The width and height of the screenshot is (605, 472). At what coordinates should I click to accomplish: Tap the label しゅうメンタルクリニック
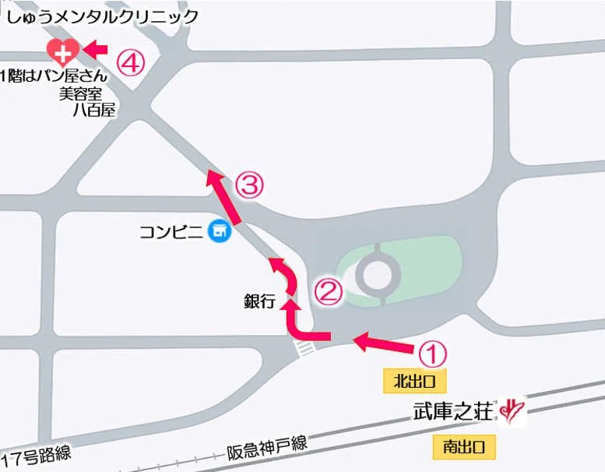click(103, 16)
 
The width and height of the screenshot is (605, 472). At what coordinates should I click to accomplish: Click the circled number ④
click(131, 62)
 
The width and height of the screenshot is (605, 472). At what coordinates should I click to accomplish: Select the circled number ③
click(250, 185)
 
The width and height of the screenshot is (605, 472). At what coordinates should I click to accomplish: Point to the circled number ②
click(328, 291)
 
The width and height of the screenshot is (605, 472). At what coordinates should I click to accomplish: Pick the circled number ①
click(433, 353)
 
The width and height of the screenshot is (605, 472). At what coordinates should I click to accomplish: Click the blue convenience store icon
click(221, 231)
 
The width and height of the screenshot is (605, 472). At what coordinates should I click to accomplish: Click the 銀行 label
click(260, 302)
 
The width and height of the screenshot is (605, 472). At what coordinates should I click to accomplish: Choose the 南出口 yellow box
click(464, 447)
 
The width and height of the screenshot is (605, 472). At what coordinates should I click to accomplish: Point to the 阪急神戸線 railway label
click(267, 447)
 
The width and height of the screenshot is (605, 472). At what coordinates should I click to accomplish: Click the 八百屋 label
click(93, 111)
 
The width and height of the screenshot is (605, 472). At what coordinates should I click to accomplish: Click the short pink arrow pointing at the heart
click(94, 50)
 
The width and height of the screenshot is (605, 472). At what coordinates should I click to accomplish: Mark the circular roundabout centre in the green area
click(376, 274)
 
